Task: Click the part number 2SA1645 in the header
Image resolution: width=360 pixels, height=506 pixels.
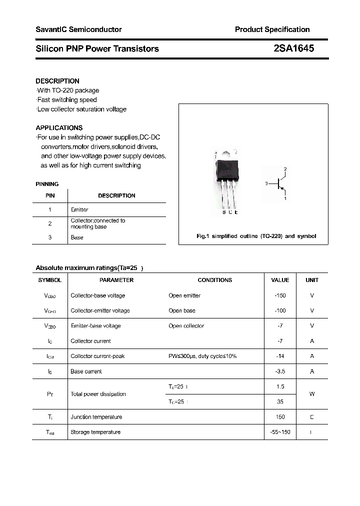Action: (293, 48)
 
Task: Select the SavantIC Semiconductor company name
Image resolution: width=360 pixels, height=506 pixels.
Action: (78, 29)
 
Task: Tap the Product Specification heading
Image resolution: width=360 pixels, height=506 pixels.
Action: (272, 29)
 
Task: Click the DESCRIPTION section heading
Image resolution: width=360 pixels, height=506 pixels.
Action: (57, 81)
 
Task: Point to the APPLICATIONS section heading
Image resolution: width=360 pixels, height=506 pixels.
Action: (59, 127)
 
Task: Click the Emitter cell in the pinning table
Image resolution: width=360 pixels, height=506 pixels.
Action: (79, 209)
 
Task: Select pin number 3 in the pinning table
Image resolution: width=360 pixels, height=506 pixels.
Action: (50, 237)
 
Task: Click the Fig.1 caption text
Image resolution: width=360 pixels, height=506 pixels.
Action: (256, 236)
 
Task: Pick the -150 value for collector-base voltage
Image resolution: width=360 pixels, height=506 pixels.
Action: (280, 295)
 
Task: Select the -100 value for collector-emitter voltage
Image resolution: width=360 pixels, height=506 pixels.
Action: (280, 310)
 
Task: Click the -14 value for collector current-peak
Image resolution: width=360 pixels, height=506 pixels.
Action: (280, 356)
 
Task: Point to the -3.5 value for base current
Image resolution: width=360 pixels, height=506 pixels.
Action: (280, 371)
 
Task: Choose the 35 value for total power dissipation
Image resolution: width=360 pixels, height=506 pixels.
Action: (280, 401)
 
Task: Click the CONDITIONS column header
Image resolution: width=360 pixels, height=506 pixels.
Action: (215, 280)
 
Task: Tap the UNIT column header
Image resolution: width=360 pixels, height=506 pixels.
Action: (312, 280)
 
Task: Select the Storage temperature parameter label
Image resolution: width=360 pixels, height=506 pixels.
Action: (95, 432)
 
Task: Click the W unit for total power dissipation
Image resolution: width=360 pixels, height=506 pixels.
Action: (312, 394)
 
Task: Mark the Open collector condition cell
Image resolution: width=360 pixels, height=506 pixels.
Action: (186, 326)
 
